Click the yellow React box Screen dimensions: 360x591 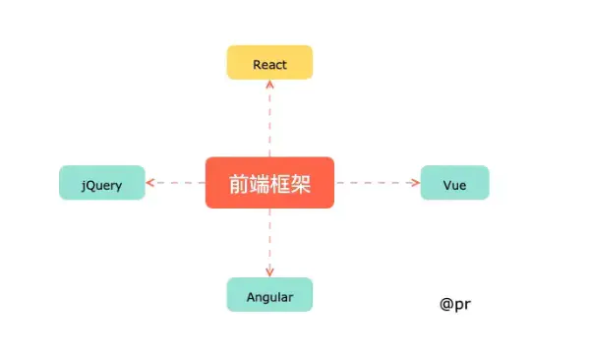[269, 62]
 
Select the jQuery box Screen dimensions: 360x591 [102, 183]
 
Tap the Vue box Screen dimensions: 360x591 [454, 183]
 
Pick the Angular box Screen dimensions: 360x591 [269, 295]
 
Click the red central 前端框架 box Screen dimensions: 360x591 [269, 183]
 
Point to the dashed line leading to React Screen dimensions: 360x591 [269, 123]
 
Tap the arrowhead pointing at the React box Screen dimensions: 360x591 [269, 86]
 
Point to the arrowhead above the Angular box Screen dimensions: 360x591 [269, 271]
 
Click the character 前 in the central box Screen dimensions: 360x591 [239, 183]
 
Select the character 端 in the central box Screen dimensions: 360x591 [260, 183]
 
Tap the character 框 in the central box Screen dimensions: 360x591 [280, 183]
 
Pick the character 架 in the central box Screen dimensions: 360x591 [301, 183]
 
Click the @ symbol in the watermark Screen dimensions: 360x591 [447, 304]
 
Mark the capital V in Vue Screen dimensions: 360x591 [446, 183]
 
